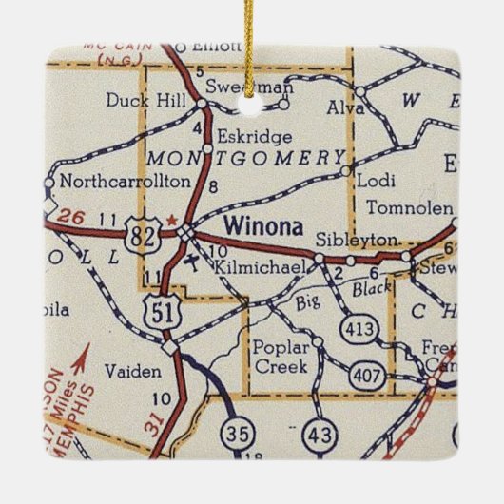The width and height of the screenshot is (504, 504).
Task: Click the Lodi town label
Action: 373,178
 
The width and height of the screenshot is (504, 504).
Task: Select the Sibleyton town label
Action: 356,240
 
